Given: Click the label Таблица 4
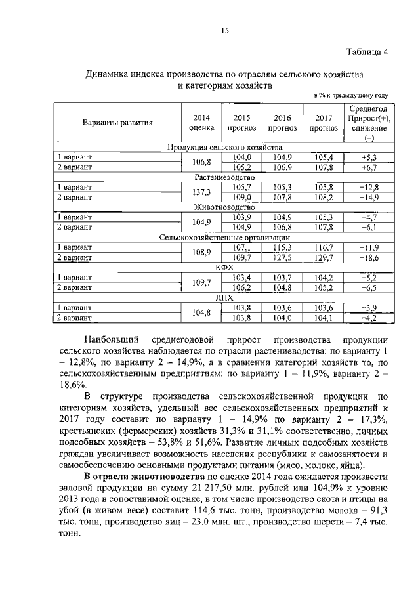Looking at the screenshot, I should pos(367,53).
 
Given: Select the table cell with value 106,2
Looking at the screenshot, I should pos(242,287).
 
